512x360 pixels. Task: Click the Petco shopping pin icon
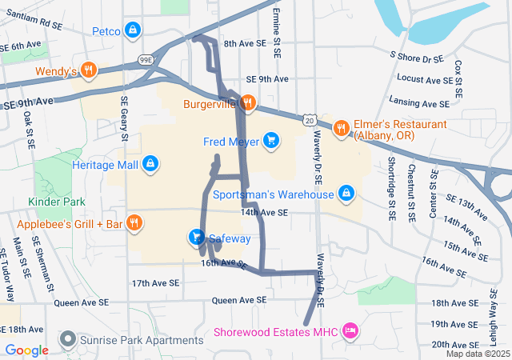point(133,31)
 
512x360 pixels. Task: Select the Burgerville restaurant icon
point(248,102)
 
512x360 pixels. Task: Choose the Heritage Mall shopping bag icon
point(150,164)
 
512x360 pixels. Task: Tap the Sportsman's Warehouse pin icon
point(346,194)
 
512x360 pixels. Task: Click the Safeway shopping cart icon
point(196,238)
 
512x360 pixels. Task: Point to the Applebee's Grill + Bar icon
point(134,223)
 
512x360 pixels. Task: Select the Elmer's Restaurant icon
point(341,127)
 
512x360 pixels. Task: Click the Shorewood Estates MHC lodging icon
point(350,330)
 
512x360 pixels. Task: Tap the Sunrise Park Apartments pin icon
point(68,340)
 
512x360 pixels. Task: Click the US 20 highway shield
point(310,119)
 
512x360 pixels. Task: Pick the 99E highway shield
point(146,58)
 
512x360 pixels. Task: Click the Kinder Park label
point(56,202)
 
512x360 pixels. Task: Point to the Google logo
point(27,350)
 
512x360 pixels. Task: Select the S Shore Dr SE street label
point(416,58)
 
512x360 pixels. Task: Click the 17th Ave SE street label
point(157,283)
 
